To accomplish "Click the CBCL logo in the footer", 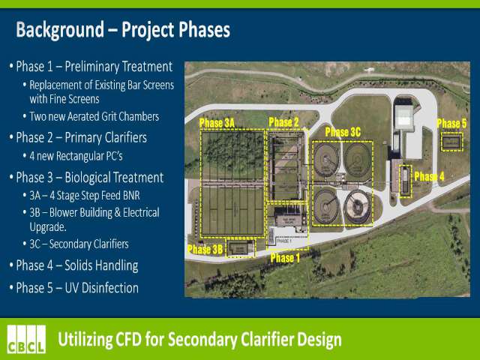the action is point(27,339).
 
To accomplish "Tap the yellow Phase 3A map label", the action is point(217,123).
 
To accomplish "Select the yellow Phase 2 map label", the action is point(283,122).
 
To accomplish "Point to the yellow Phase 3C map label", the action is point(343,132).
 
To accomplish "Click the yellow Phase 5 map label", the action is point(451,124).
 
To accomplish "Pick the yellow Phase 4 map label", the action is point(429,177).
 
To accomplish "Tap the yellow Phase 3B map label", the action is point(205,250).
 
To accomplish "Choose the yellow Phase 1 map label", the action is point(285,258).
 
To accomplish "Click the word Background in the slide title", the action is point(60,30).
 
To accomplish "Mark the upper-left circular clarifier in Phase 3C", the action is point(326,160).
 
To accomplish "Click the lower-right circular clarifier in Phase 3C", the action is point(357,207).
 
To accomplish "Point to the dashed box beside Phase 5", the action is point(451,142).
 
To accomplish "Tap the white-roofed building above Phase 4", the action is point(404,117).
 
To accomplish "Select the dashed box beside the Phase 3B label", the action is point(240,248).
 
